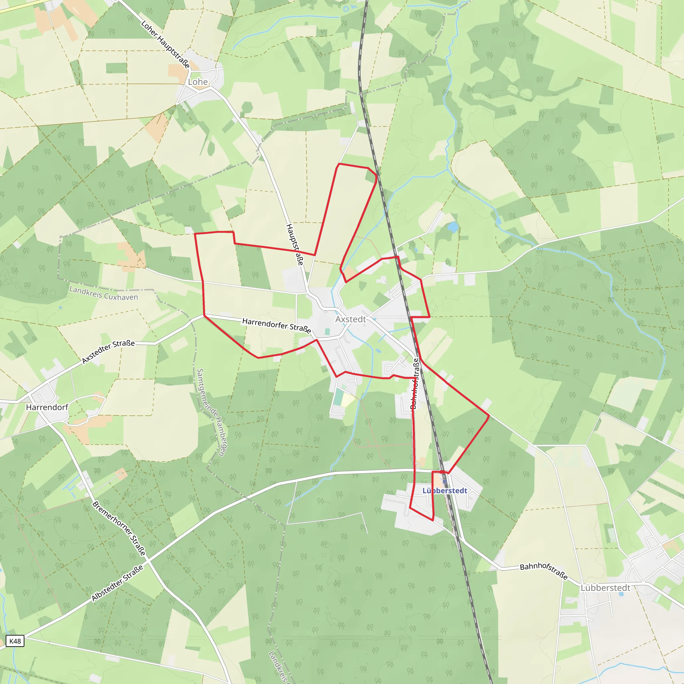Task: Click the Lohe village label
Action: pyautogui.click(x=198, y=82)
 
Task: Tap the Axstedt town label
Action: pyautogui.click(x=350, y=319)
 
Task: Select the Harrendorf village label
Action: pyautogui.click(x=47, y=407)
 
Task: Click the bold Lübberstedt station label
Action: pyautogui.click(x=445, y=490)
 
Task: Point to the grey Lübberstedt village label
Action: pyautogui.click(x=606, y=588)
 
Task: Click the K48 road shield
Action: pyautogui.click(x=15, y=641)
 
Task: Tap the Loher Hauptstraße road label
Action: pyautogui.click(x=165, y=44)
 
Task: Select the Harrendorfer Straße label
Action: pyautogui.click(x=277, y=325)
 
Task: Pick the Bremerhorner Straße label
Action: pyautogui.click(x=119, y=529)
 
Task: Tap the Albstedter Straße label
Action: pyautogui.click(x=117, y=583)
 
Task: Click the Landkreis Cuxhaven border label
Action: pyautogui.click(x=104, y=293)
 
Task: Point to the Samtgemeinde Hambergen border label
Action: pyautogui.click(x=212, y=412)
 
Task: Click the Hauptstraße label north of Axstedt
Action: pyautogui.click(x=295, y=244)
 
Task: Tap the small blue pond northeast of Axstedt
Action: pyautogui.click(x=453, y=227)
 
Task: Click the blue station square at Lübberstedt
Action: pyautogui.click(x=445, y=482)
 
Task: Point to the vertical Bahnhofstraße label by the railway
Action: pyautogui.click(x=414, y=383)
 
